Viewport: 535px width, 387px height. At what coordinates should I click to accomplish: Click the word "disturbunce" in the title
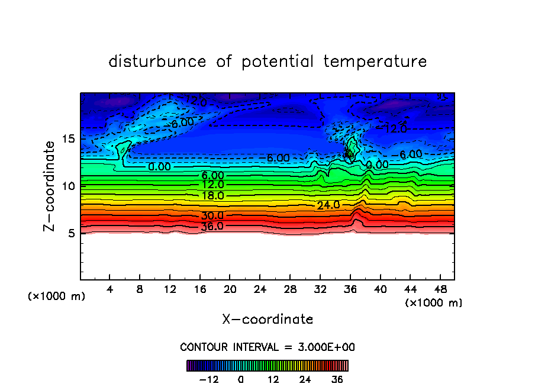157,62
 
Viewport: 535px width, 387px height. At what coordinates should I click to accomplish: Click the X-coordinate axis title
267,320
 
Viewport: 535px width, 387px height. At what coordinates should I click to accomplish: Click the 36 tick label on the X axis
350,290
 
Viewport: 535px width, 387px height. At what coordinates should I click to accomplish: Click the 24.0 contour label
328,205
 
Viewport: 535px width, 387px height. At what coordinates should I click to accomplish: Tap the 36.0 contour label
212,226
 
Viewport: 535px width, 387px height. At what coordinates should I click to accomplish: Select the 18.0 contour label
212,195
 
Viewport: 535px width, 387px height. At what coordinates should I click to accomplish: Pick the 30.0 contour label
212,215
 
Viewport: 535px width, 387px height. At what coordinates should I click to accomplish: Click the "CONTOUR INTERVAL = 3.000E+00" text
267,347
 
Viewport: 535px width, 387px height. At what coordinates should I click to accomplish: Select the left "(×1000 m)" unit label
57,296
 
